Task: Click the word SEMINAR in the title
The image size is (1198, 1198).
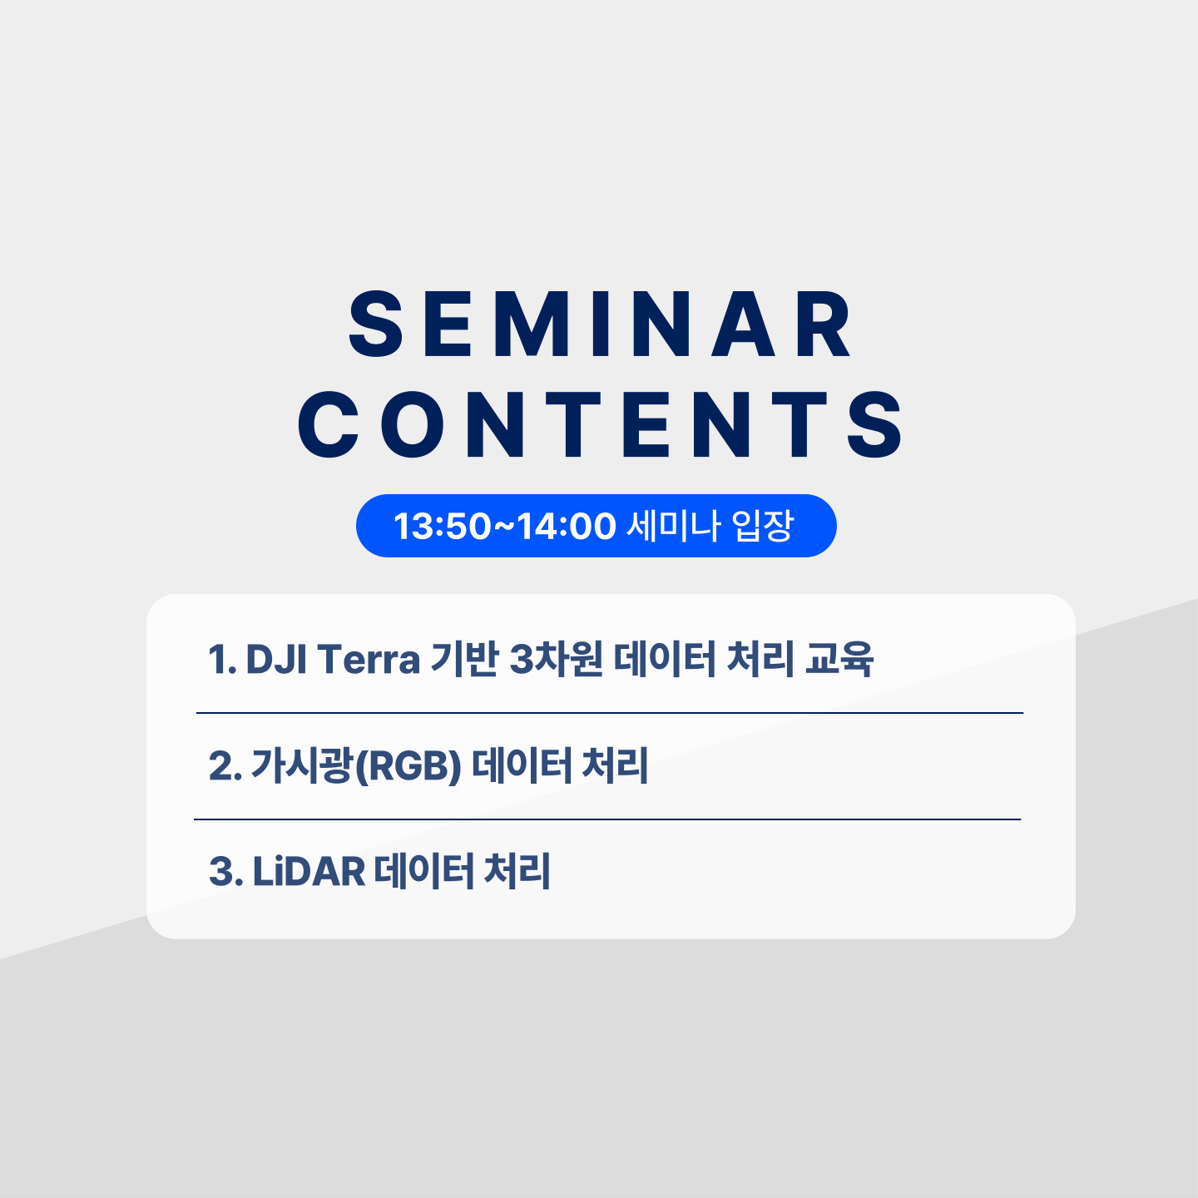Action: pos(599,324)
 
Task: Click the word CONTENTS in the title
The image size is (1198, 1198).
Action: pos(599,424)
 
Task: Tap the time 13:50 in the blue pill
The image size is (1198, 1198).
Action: pos(442,526)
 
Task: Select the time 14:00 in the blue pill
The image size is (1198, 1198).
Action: pos(567,526)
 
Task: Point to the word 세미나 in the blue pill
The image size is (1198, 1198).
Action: pos(673,526)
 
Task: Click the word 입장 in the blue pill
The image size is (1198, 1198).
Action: pos(763,526)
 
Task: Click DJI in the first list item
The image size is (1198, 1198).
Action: pos(276,659)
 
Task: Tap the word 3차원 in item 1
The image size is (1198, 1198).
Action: pos(556,659)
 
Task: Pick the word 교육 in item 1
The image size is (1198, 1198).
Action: pos(839,659)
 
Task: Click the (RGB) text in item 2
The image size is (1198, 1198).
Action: pos(407,766)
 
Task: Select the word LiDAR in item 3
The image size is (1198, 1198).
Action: pos(309,871)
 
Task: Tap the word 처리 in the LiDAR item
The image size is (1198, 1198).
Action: pos(517,871)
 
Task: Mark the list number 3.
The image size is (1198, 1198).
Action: pos(225,871)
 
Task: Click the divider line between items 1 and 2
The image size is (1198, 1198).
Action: pos(609,713)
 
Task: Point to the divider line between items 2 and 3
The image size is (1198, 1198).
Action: pos(607,819)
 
